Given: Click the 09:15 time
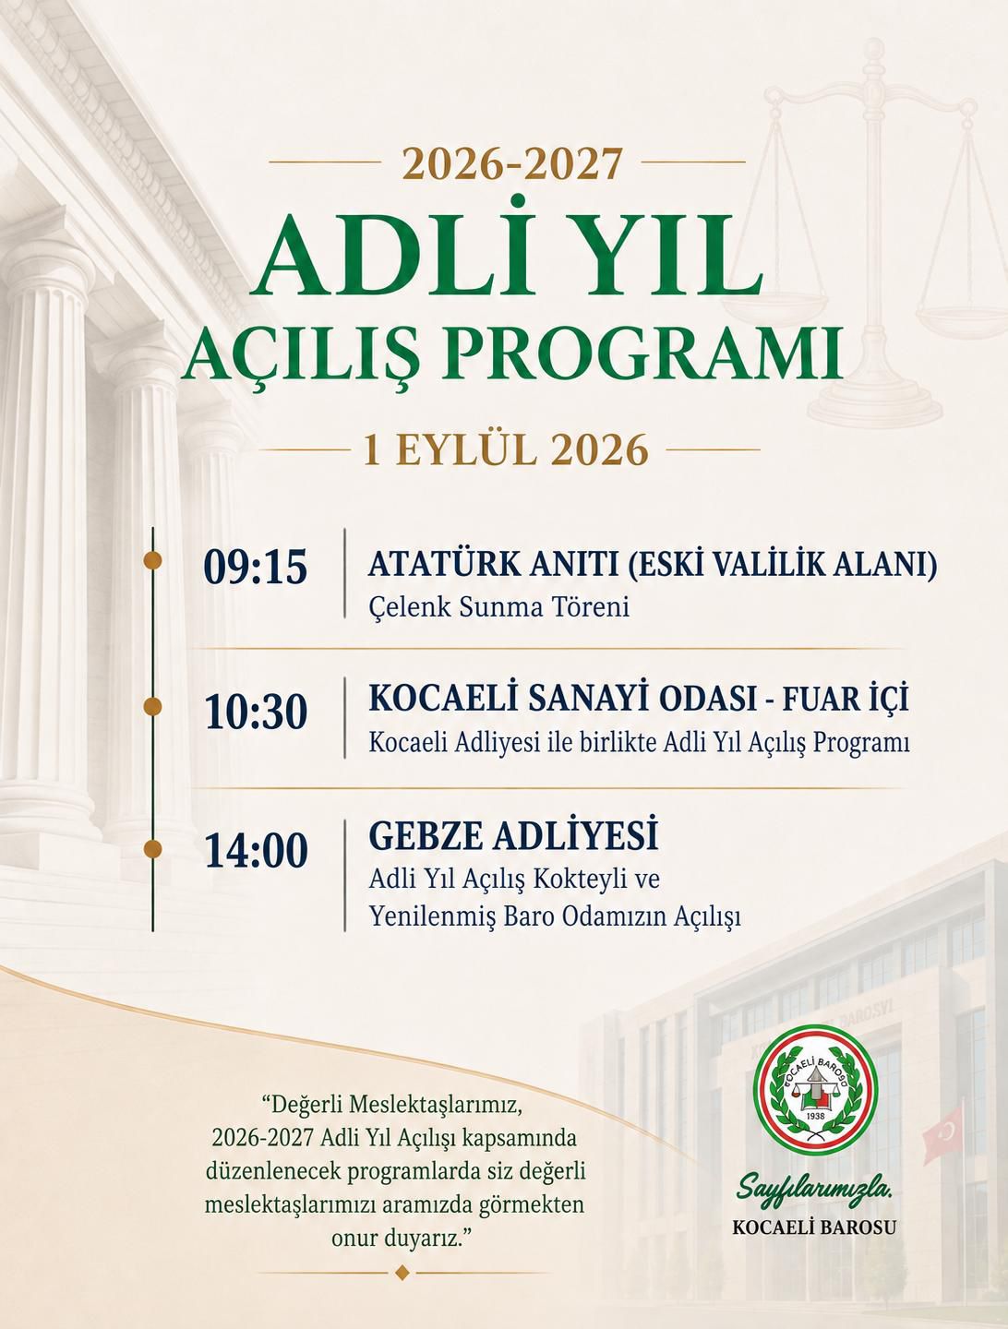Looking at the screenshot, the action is [256, 569].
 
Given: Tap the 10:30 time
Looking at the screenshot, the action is [256, 712].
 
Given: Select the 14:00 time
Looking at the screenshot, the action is [256, 851].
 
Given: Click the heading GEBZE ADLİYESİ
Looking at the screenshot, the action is [513, 836].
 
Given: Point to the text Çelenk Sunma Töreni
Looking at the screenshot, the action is [499, 607].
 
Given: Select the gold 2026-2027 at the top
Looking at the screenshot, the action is [512, 163].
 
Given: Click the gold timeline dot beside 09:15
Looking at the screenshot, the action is [152, 560].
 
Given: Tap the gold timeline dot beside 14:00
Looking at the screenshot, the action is [152, 849].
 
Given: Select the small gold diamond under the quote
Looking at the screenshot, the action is [402, 1274].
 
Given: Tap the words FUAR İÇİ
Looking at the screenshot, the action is [846, 700].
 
